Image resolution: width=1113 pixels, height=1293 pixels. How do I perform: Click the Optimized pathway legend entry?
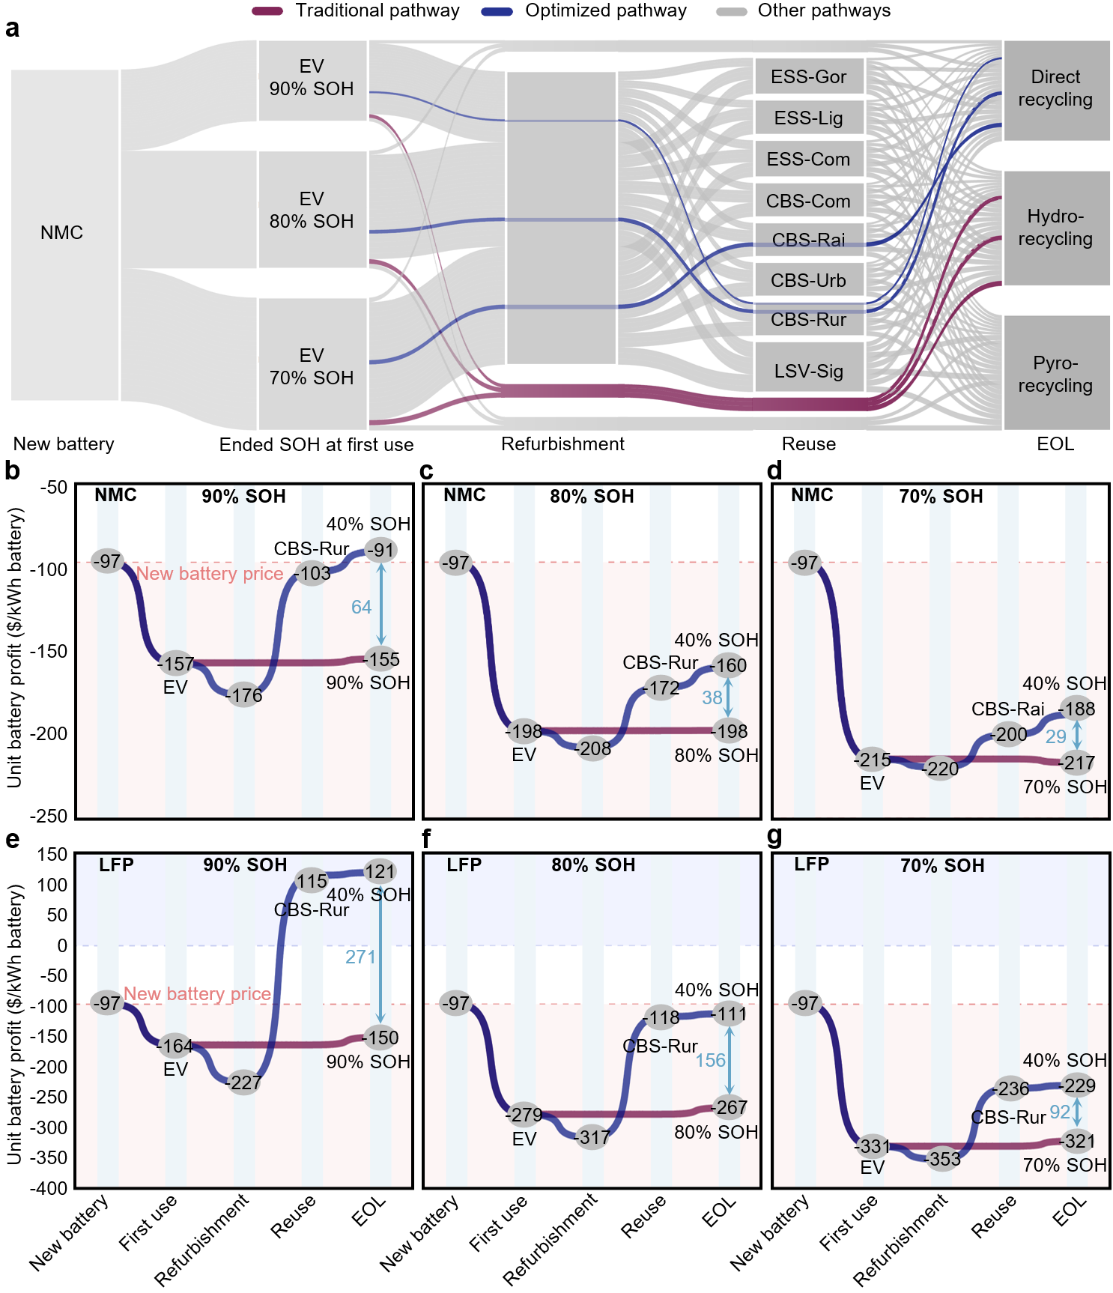click(605, 10)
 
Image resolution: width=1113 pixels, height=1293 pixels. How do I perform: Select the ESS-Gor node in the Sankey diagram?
click(808, 76)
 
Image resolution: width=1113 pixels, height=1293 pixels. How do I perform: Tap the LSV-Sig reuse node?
click(808, 371)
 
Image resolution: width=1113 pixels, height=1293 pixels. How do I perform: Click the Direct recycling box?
click(1055, 88)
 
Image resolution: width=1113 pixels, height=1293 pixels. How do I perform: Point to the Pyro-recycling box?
click(1055, 374)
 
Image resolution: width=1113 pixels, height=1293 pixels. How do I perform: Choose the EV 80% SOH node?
click(312, 210)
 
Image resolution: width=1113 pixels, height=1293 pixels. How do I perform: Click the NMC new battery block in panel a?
click(62, 233)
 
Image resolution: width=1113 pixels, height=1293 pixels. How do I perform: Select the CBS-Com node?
click(808, 201)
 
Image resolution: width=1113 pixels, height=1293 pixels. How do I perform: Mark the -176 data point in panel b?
click(244, 695)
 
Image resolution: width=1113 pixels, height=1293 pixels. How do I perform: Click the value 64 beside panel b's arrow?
click(361, 607)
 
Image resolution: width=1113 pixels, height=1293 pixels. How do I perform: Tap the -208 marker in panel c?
click(593, 748)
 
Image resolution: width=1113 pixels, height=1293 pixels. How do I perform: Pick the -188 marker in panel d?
click(1077, 709)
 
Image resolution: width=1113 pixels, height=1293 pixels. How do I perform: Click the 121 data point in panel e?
click(380, 871)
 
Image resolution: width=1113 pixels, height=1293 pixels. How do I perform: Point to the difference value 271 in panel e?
click(360, 957)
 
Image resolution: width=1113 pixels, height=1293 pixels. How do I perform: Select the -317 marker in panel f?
click(592, 1137)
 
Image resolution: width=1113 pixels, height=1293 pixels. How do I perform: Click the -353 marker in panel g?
click(943, 1159)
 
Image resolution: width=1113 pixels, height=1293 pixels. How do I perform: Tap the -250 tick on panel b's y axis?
click(49, 816)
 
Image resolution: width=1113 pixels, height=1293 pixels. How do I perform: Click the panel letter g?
click(774, 837)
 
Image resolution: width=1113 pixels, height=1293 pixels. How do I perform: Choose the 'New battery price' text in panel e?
click(197, 994)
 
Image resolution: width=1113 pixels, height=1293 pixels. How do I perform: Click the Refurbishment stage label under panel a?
click(562, 444)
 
